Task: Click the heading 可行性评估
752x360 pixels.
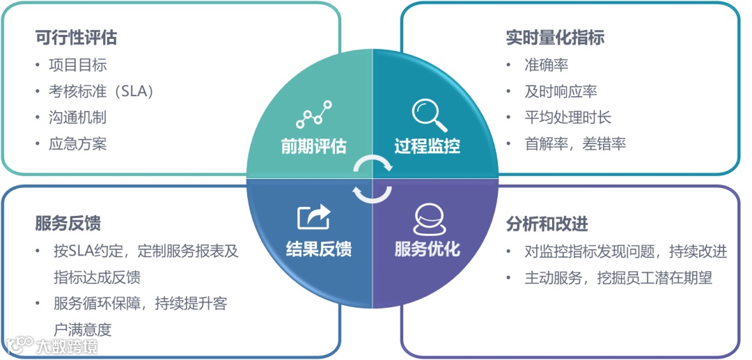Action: click(x=76, y=38)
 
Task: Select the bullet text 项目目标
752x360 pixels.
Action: click(x=77, y=65)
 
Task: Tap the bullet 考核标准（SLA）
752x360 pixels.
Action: click(x=101, y=92)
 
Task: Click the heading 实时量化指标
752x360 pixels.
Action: click(x=555, y=38)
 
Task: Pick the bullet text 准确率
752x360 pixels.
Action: click(x=547, y=65)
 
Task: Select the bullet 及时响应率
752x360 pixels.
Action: click(x=561, y=92)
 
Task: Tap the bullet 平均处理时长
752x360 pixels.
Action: click(x=567, y=118)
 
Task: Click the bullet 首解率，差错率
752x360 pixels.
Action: click(x=575, y=144)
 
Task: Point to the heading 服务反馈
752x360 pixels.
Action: click(x=68, y=224)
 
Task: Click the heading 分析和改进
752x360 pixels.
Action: click(x=547, y=224)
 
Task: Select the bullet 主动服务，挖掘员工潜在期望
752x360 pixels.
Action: click(x=618, y=278)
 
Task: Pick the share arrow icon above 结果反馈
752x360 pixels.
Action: click(x=314, y=217)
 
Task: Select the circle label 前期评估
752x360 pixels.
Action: click(x=313, y=146)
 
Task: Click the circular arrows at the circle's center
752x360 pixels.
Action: click(x=373, y=180)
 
